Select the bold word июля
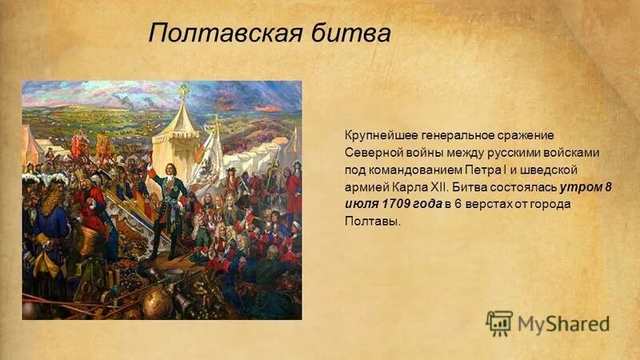tap(362, 205)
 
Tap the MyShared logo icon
tap(498, 323)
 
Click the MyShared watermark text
tap(563, 324)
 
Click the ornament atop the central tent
tap(183, 91)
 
